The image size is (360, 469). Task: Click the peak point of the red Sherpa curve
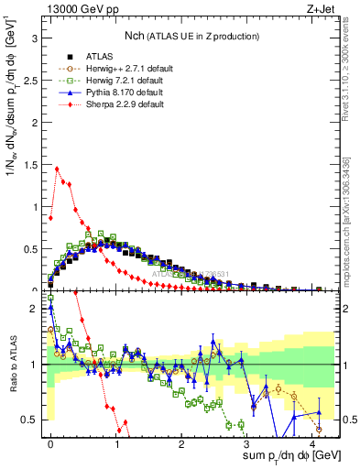click(x=58, y=168)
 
